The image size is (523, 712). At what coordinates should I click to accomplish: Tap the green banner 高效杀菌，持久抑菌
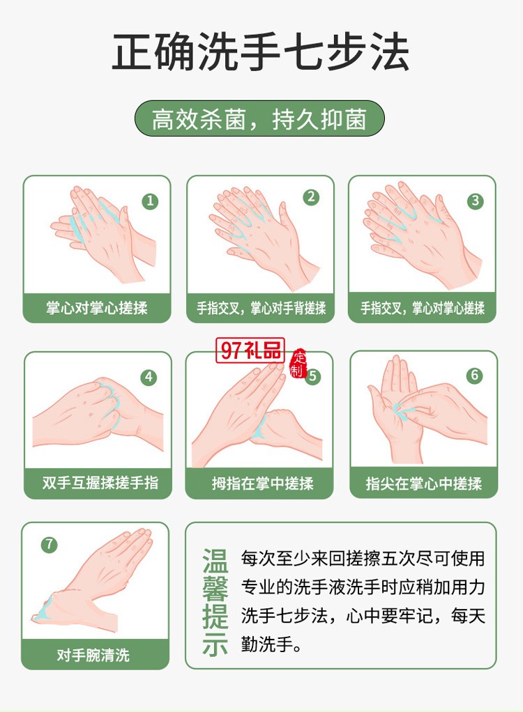[x=259, y=119]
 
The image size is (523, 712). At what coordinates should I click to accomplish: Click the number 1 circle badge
[x=150, y=201]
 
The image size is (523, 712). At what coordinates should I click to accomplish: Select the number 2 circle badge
[x=311, y=197]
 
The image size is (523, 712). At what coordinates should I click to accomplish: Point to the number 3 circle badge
[x=475, y=201]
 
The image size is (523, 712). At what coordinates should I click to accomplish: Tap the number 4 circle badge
[x=149, y=378]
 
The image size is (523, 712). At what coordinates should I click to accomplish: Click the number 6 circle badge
[x=475, y=376]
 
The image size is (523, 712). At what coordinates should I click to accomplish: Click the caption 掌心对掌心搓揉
[x=97, y=307]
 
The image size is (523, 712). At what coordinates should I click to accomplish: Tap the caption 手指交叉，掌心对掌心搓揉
[x=423, y=307]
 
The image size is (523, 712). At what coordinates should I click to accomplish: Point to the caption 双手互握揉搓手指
[x=98, y=483]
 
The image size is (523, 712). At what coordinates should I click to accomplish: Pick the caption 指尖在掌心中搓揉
[x=424, y=483]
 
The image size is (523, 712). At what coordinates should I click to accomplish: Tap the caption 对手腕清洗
[x=94, y=655]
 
